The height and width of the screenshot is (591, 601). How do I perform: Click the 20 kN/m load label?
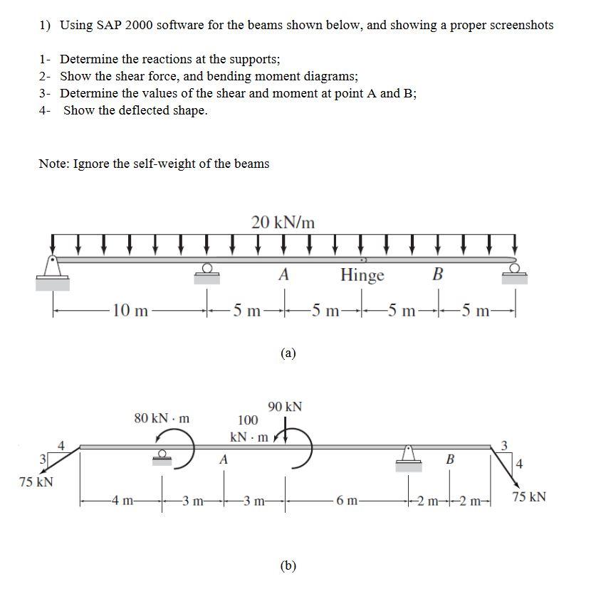[x=283, y=222]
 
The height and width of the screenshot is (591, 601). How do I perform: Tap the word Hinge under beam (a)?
[x=362, y=275]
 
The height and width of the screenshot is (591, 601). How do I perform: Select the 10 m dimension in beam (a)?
[x=131, y=310]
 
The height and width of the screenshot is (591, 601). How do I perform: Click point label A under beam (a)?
[x=283, y=275]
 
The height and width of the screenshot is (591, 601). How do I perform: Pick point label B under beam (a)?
[x=438, y=274]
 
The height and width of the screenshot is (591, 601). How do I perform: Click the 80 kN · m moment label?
[x=162, y=417]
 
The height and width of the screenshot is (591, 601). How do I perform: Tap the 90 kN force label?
[x=285, y=407]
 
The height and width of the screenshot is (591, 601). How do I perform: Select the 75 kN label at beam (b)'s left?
[x=36, y=482]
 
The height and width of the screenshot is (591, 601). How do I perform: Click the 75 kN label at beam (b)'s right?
[x=528, y=496]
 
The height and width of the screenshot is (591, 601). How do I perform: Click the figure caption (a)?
[x=288, y=353]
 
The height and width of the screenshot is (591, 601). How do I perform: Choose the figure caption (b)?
[x=288, y=565]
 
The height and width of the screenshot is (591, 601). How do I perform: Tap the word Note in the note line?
[x=54, y=164]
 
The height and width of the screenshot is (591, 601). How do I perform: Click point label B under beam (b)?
[x=449, y=459]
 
